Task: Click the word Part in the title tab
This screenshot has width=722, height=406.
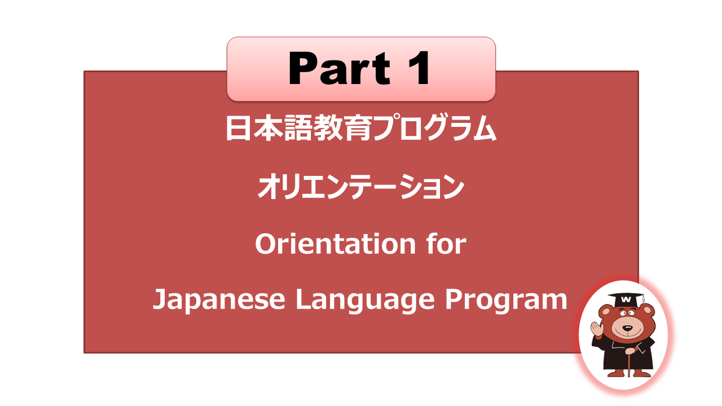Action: click(x=338, y=69)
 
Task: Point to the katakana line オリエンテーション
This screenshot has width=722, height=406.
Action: click(x=360, y=188)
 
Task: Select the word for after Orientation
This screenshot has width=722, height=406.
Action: click(x=444, y=244)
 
